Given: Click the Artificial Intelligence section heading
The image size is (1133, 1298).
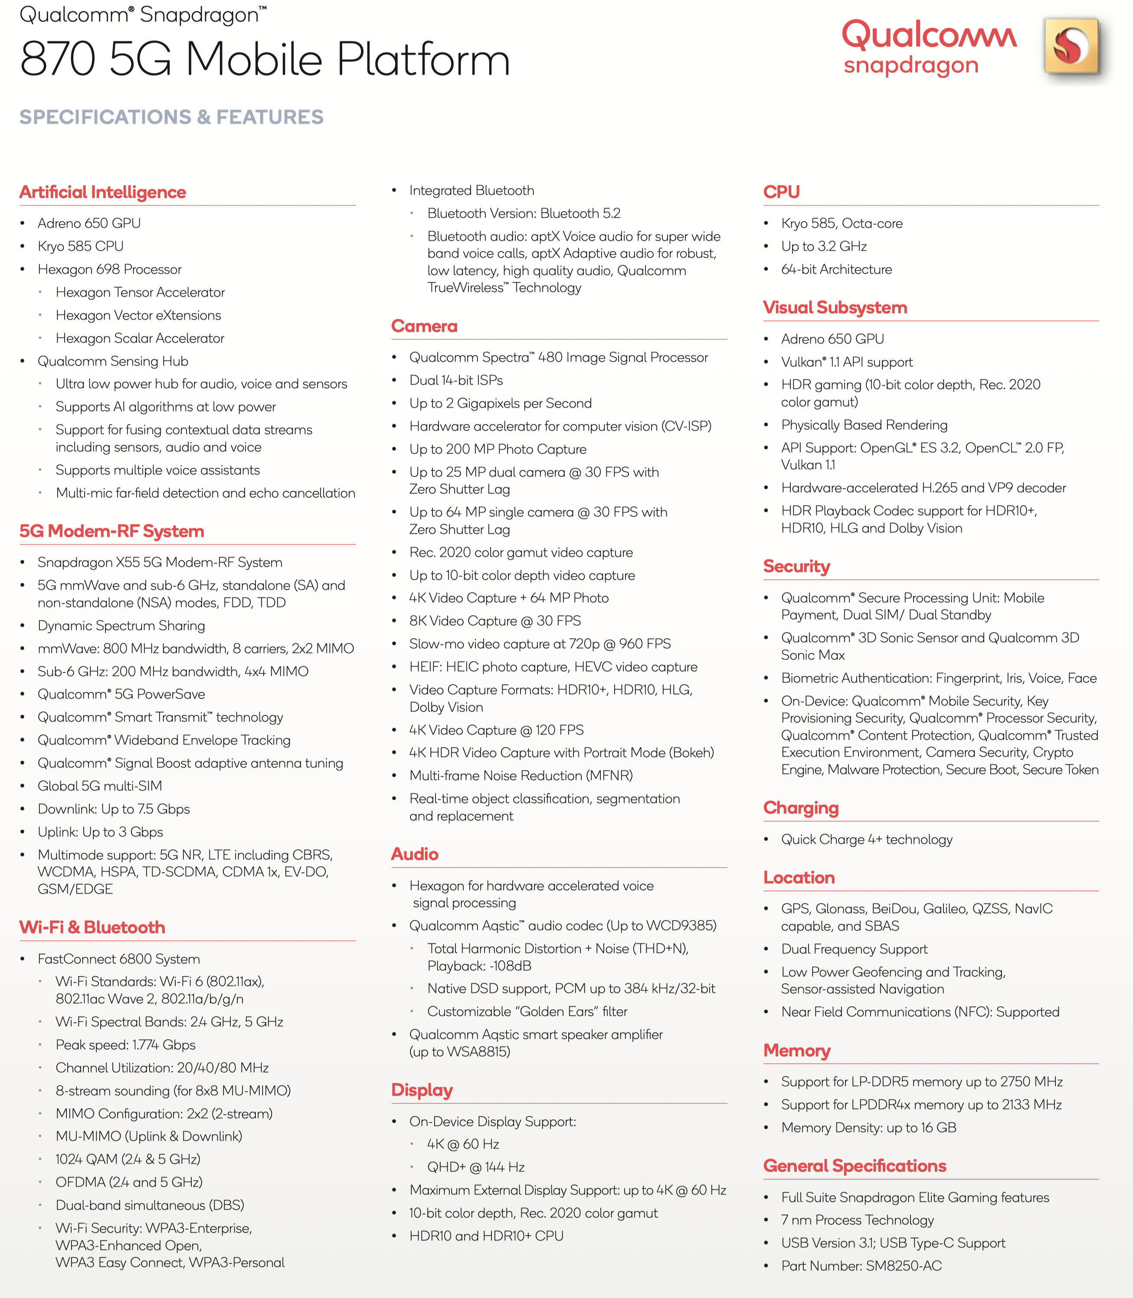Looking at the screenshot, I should [x=102, y=192].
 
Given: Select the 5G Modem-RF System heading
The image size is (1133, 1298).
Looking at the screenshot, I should [x=112, y=531].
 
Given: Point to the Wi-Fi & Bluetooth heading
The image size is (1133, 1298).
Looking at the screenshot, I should [x=92, y=927].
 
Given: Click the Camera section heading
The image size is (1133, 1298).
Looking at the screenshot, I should [x=424, y=326].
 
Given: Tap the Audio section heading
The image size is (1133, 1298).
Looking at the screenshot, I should [x=415, y=854].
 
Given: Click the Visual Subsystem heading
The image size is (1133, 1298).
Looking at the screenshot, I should [x=835, y=308].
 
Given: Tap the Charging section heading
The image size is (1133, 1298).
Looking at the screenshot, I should [x=800, y=808].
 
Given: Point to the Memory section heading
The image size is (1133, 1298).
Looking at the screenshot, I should [x=797, y=1050].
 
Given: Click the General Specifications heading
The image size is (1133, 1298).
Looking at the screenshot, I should [x=854, y=1166].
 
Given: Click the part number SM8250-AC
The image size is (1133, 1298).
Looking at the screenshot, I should [x=904, y=1266].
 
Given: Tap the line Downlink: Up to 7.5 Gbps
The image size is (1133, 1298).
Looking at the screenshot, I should [x=114, y=809].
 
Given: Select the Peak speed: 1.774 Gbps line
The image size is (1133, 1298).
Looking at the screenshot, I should [x=125, y=1044].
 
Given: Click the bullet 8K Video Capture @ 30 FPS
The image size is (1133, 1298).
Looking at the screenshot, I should [x=495, y=620].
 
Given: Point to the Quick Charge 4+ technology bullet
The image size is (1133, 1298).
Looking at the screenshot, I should [x=866, y=839].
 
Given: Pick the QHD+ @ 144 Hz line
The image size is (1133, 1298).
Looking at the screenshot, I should [x=475, y=1167].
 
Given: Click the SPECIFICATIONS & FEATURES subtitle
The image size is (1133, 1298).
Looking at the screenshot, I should [x=171, y=117].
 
